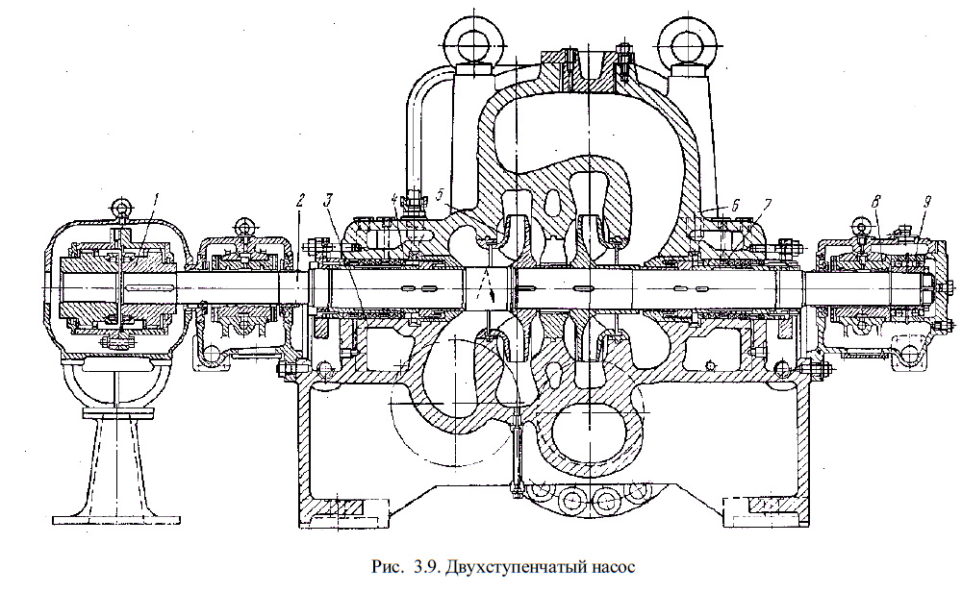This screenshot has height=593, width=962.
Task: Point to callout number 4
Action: pyautogui.click(x=395, y=200)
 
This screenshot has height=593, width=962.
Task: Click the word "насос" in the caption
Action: pyautogui.click(x=608, y=566)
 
